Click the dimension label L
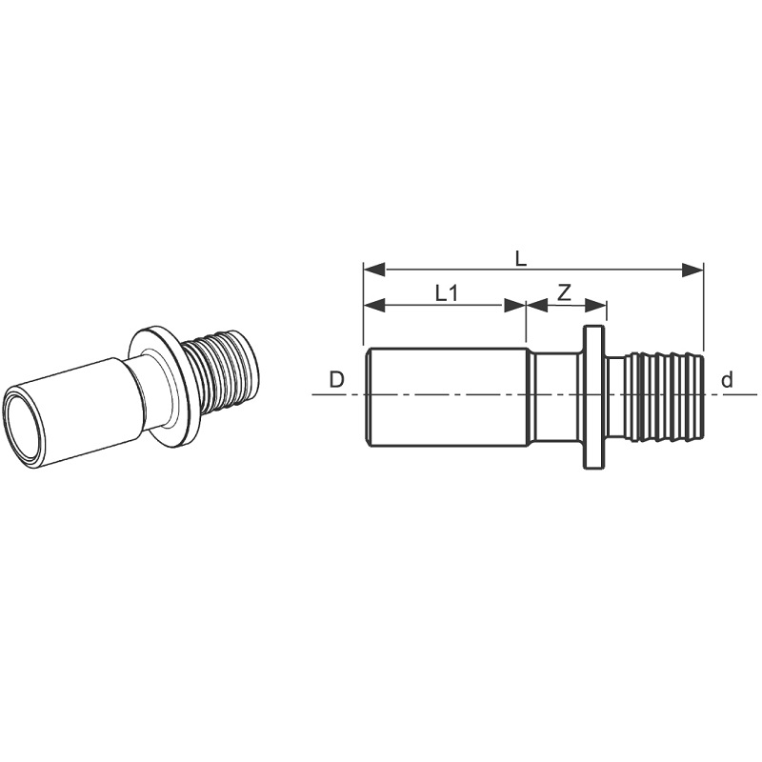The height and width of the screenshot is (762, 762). point(520,258)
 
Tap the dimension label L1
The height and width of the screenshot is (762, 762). point(447,293)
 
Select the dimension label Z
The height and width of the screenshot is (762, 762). point(564,293)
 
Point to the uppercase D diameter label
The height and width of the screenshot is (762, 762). point(336,379)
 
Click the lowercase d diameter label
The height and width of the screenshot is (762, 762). point(727,379)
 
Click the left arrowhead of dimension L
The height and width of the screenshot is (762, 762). point(374,270)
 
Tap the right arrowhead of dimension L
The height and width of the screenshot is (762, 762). point(692,270)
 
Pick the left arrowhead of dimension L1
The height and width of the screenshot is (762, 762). point(374,305)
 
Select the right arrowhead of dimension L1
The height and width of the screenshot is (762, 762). point(515,305)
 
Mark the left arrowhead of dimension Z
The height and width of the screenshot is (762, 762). point(537,305)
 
